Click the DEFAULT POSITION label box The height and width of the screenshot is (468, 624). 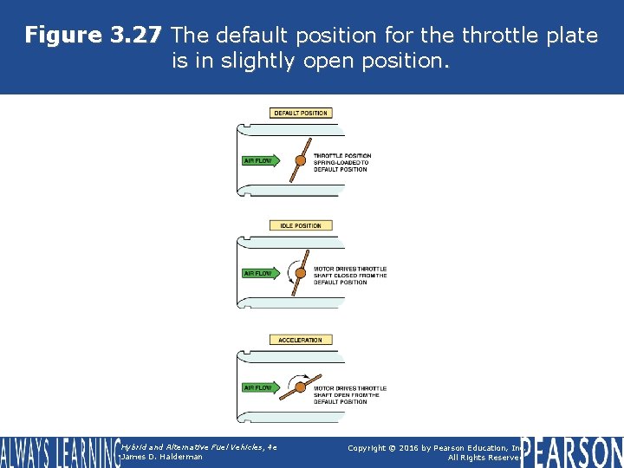pyautogui.click(x=301, y=114)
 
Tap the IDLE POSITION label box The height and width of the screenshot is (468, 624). pyautogui.click(x=301, y=226)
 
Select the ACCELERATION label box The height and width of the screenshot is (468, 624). pyautogui.click(x=301, y=341)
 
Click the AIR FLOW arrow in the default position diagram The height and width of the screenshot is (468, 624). pyautogui.click(x=262, y=160)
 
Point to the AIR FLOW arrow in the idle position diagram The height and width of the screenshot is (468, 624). pyautogui.click(x=262, y=274)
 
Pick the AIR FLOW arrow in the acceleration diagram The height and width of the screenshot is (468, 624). pyautogui.click(x=262, y=387)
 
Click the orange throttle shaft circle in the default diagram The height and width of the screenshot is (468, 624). pyautogui.click(x=301, y=160)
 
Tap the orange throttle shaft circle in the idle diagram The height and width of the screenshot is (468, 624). pyautogui.click(x=301, y=274)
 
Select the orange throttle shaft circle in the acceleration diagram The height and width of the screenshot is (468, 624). pyautogui.click(x=301, y=387)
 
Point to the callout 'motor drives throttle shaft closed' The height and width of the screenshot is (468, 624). pyautogui.click(x=350, y=275)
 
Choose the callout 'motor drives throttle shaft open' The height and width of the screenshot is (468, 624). pyautogui.click(x=350, y=394)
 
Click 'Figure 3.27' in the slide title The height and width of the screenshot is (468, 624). pyautogui.click(x=93, y=36)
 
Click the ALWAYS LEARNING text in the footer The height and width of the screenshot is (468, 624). pyautogui.click(x=59, y=452)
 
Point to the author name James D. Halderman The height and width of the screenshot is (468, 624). pyautogui.click(x=162, y=457)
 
